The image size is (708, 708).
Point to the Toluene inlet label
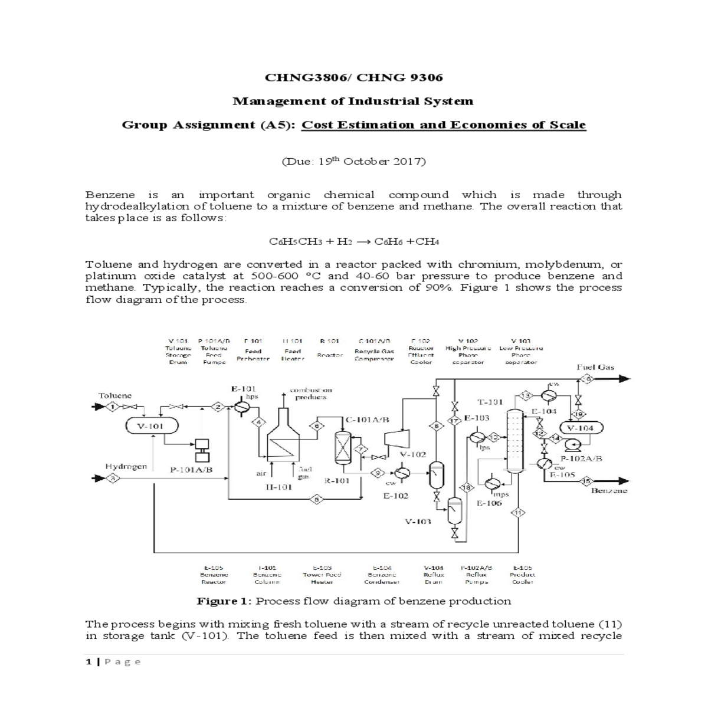(x=115, y=395)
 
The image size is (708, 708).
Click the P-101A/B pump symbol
(x=202, y=450)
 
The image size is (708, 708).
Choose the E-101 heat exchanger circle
(x=241, y=407)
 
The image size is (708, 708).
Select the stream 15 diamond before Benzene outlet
(x=586, y=481)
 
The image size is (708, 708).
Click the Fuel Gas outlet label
(x=595, y=367)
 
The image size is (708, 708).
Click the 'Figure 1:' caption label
(x=224, y=601)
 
